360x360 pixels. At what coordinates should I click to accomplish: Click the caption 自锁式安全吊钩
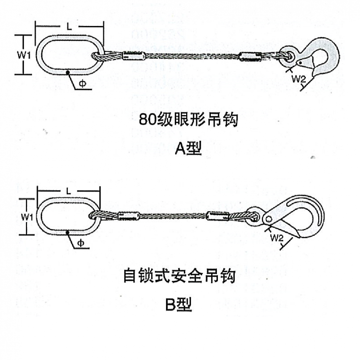click(x=179, y=276)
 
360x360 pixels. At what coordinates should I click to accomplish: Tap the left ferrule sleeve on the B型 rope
click(x=127, y=216)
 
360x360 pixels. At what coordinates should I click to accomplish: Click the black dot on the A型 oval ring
click(x=69, y=73)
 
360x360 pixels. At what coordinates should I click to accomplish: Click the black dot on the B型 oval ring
click(x=69, y=233)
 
